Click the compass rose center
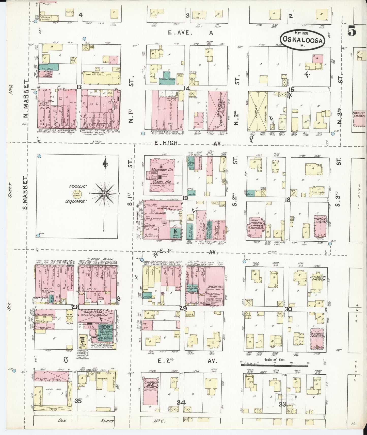click(104, 194)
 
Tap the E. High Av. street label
click(188, 143)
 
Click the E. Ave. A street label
click(190, 33)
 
